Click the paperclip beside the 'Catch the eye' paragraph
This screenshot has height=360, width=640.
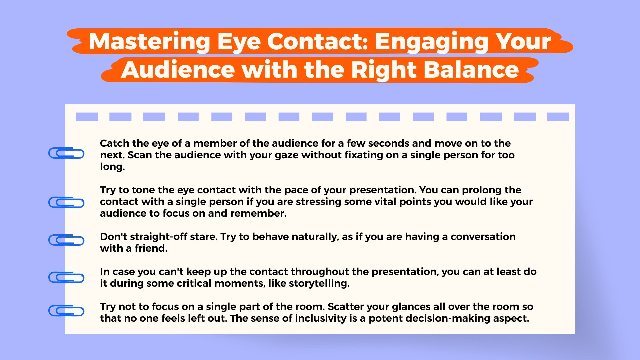(66, 153)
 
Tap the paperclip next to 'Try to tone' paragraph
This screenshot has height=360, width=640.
(66, 202)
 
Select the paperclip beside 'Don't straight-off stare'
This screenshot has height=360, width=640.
(66, 240)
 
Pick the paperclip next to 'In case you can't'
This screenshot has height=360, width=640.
(66, 277)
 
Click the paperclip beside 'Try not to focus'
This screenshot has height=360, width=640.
(66, 311)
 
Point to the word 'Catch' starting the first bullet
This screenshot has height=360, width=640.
(114, 143)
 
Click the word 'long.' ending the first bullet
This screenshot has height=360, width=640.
(112, 167)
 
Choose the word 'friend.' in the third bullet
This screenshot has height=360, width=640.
(151, 248)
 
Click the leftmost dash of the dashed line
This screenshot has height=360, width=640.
(87, 117)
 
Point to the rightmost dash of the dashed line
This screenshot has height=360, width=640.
(558, 117)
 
